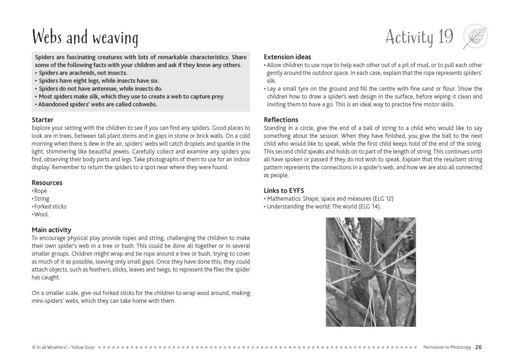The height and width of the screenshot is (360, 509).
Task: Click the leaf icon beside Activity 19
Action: click(475, 37)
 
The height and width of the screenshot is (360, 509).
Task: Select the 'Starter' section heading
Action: click(42, 120)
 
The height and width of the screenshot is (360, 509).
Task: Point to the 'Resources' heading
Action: click(47, 182)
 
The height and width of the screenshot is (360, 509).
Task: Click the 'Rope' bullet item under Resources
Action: click(40, 190)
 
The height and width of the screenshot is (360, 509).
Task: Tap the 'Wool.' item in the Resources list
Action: click(41, 214)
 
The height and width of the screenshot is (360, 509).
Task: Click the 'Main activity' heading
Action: click(51, 230)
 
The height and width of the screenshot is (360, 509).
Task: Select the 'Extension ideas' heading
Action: click(287, 57)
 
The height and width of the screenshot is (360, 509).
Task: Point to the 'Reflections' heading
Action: click(281, 120)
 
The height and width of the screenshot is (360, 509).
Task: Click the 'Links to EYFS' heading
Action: click(284, 190)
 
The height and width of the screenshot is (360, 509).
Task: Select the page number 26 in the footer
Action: click(478, 347)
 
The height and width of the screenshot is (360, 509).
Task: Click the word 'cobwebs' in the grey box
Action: click(143, 104)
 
